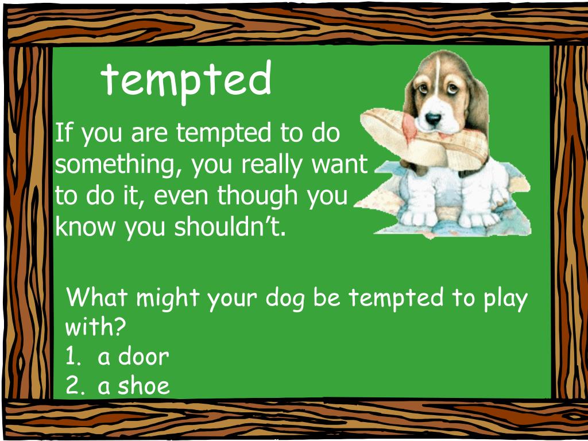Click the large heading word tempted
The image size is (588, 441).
click(187, 80)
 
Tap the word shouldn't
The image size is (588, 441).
click(230, 227)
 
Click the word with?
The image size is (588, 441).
click(95, 328)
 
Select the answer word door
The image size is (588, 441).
click(144, 357)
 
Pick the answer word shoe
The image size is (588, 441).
click(144, 386)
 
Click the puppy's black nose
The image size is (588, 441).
click(433, 119)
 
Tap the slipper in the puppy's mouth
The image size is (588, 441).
click(402, 138)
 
